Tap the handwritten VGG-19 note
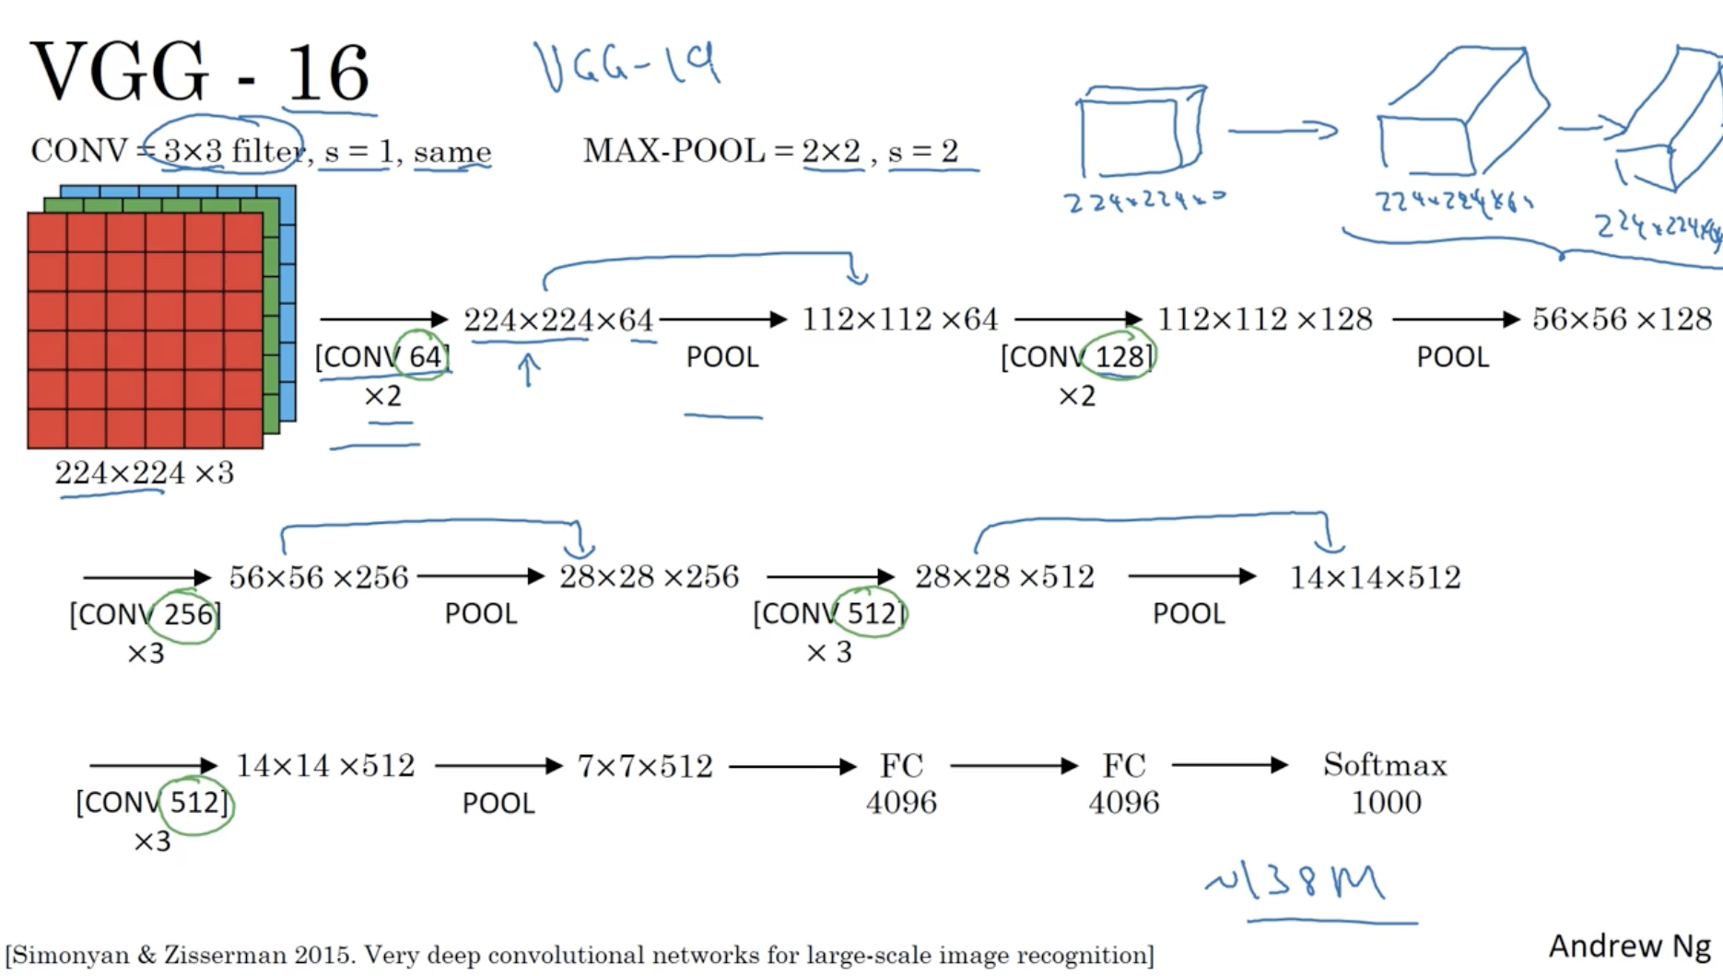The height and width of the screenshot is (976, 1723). (x=627, y=65)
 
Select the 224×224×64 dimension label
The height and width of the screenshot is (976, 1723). (x=558, y=320)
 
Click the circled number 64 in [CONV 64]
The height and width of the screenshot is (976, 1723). (x=424, y=356)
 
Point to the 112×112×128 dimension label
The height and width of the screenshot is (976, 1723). (x=1264, y=319)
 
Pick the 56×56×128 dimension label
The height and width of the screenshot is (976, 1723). (x=1621, y=319)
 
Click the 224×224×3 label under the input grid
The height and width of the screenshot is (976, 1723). (x=144, y=472)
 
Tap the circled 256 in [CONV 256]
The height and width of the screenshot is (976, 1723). (x=188, y=614)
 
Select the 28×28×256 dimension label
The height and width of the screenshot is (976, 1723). (x=649, y=577)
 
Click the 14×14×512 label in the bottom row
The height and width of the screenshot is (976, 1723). (x=325, y=765)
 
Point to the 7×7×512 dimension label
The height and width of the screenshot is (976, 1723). (x=645, y=766)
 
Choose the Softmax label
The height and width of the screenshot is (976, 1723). (x=1385, y=764)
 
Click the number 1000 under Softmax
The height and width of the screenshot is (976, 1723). (x=1386, y=802)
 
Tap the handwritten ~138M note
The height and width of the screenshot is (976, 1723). (x=1295, y=881)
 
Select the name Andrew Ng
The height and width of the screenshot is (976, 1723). (x=1628, y=946)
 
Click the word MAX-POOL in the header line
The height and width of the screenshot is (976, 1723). (x=674, y=150)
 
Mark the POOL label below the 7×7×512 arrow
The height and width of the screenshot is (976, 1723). (x=498, y=803)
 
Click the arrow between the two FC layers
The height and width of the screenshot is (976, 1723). (x=1014, y=765)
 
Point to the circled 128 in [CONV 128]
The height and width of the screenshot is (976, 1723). (x=1119, y=356)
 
